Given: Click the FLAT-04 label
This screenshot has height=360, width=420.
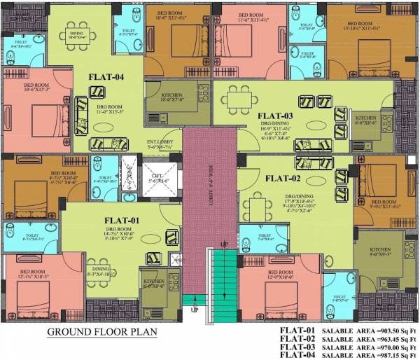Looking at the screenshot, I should coord(106,77).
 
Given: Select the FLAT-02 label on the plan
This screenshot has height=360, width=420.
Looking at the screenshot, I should coord(282,178).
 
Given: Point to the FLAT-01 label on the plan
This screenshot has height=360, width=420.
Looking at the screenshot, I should coord(124,221).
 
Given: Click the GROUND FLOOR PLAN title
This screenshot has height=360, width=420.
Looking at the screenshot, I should coord(101,331).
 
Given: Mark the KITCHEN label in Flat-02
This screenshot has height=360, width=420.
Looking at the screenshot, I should coord(379,249).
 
